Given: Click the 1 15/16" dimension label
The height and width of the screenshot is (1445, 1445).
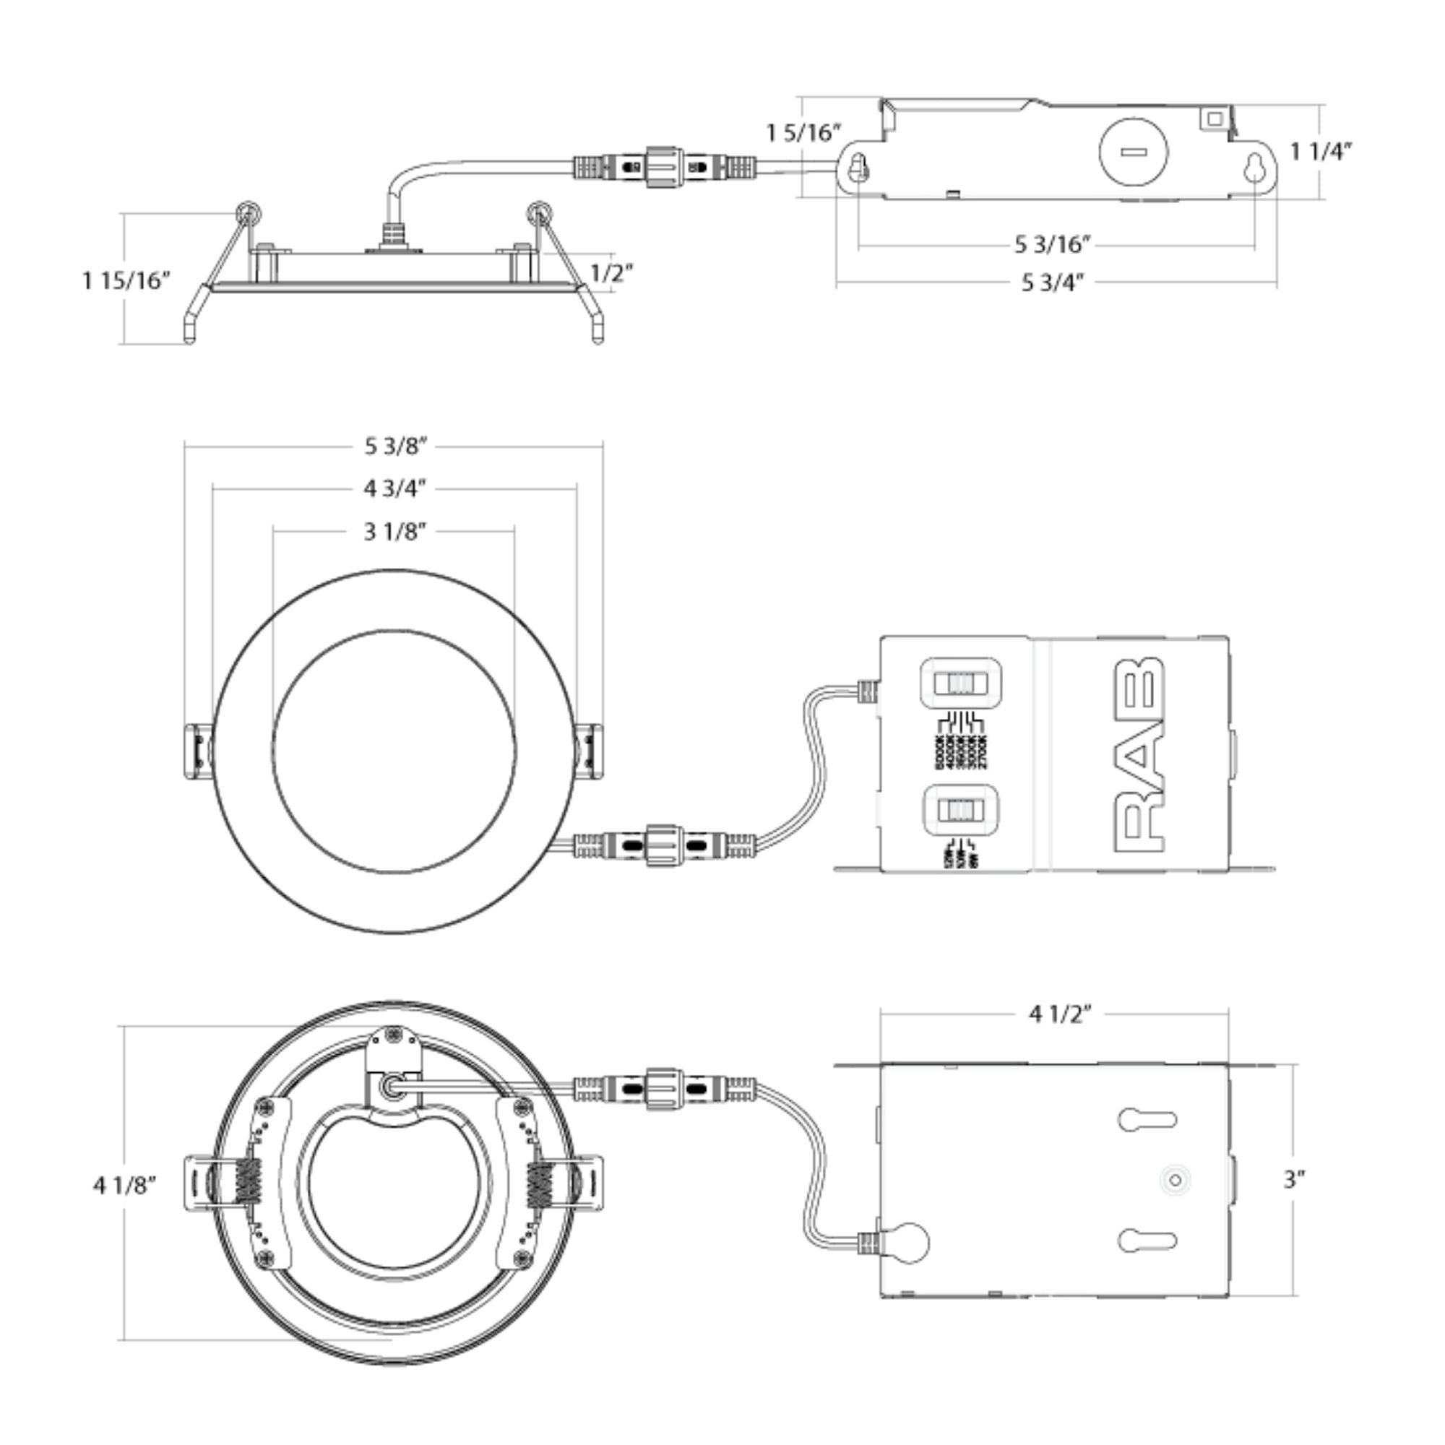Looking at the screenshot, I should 126,280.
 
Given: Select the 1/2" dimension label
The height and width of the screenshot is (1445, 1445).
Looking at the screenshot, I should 612,273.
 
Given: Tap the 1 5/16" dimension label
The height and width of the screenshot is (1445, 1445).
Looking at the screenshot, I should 803,133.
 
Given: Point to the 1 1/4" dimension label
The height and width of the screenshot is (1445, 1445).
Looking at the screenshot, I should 1321,152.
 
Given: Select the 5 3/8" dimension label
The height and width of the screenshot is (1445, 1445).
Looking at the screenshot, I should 395,447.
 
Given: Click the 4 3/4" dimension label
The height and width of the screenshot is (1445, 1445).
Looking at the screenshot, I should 395,489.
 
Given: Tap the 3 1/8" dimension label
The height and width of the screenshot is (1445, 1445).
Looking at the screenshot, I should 395,532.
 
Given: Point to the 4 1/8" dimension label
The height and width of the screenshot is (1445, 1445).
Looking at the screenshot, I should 125,1186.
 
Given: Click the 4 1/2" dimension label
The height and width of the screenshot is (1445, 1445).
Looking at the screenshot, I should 1060,1015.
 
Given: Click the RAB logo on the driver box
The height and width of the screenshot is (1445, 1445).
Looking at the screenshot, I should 1139,756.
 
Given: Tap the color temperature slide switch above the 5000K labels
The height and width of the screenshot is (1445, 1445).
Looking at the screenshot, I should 960,683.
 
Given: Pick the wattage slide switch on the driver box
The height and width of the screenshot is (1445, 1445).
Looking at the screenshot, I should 960,810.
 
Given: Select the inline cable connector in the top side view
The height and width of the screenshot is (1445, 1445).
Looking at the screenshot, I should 665,166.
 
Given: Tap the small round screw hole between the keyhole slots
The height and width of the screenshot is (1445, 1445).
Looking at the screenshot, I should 1175,1181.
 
